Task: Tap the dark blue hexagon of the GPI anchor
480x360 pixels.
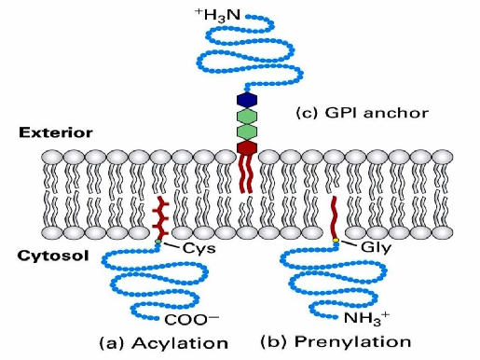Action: tap(247, 99)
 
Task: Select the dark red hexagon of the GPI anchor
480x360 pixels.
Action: tap(247, 147)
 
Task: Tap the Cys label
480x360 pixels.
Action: tap(194, 249)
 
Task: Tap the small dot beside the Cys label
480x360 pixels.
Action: tap(159, 244)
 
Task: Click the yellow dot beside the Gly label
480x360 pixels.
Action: tap(335, 242)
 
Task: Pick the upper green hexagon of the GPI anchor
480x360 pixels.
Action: tap(247, 115)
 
